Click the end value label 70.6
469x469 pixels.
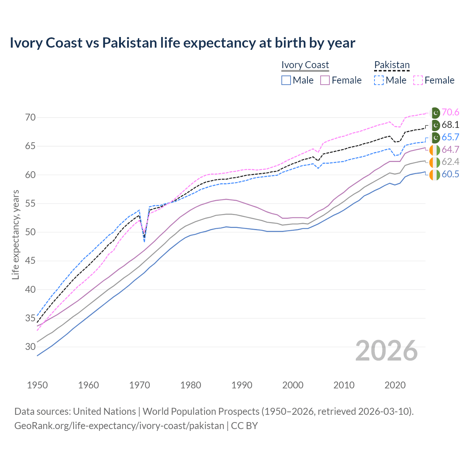450,112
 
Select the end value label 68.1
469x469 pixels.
450,125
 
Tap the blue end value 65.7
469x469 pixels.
450,137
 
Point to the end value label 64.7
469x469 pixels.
450,149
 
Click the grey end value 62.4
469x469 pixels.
450,162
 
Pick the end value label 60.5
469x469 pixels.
450,174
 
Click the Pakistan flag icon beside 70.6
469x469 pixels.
435,112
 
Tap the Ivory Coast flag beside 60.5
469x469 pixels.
435,175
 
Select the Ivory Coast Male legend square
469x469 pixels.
286,80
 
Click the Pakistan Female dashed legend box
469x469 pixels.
418,80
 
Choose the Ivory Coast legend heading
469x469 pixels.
305,65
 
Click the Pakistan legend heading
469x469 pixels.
392,65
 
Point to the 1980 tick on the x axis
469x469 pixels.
191,385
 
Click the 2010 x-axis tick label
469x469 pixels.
344,385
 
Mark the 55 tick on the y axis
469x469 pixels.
30,203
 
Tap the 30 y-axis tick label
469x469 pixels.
30,347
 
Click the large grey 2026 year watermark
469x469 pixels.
387,351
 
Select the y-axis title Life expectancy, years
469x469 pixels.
16,234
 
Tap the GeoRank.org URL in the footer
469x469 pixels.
119,426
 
